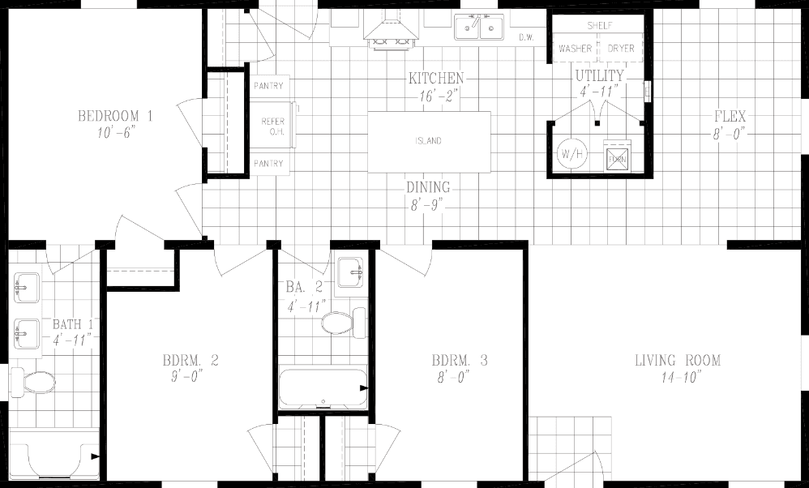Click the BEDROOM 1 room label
tap(115, 116)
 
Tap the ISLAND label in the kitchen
tap(429, 141)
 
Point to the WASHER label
tap(575, 49)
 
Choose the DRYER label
tap(621, 49)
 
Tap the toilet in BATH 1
tap(38, 381)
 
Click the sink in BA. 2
tap(351, 271)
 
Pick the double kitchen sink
tap(479, 28)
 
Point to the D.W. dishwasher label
tap(525, 36)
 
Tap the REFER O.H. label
tap(272, 126)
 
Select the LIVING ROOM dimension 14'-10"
tap(678, 377)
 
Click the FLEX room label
tap(730, 116)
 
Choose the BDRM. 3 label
tap(460, 361)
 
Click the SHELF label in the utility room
tap(598, 26)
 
